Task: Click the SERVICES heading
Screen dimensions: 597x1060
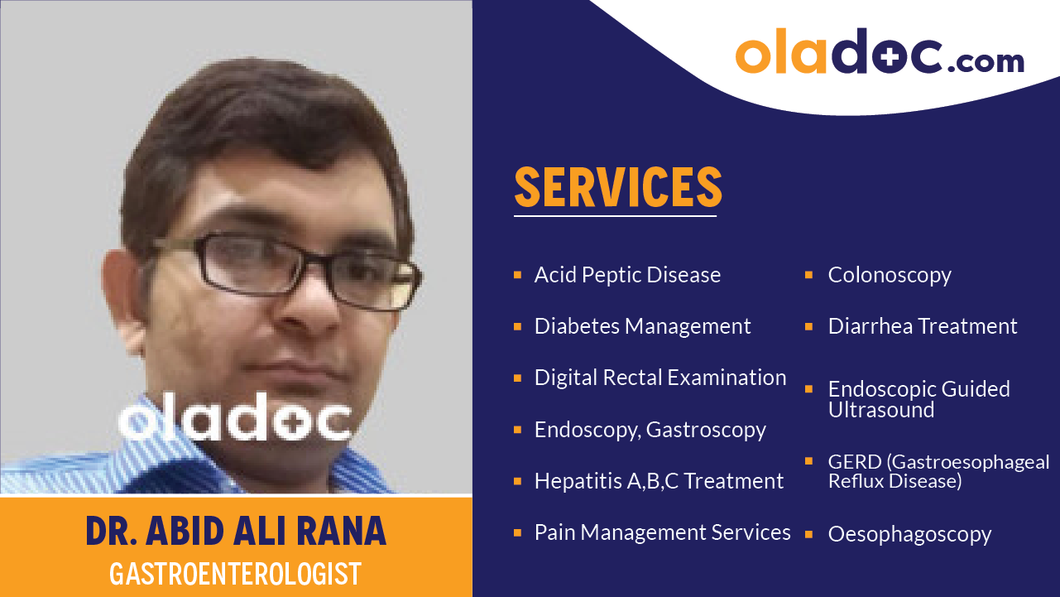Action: click(618, 187)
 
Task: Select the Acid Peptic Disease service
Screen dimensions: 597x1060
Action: click(627, 275)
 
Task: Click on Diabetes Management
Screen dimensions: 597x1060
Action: click(642, 326)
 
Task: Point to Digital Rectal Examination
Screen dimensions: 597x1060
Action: click(660, 378)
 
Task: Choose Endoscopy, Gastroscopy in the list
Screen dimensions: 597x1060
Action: click(650, 430)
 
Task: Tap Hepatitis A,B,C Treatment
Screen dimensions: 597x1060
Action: click(659, 481)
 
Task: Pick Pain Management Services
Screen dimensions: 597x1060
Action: click(662, 532)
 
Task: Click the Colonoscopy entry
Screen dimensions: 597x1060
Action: click(890, 275)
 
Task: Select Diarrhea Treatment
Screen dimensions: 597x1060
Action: click(923, 326)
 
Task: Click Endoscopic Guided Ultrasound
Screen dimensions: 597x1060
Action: click(919, 399)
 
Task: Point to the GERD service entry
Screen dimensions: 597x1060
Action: click(938, 471)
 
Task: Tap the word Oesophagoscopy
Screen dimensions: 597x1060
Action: click(909, 534)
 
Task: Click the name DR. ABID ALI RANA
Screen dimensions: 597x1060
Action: click(236, 532)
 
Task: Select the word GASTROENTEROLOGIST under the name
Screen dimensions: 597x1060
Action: click(236, 574)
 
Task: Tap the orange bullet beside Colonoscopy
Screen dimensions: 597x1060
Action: click(809, 274)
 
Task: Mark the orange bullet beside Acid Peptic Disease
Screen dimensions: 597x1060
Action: click(517, 274)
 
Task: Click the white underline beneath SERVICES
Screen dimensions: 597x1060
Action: click(615, 216)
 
